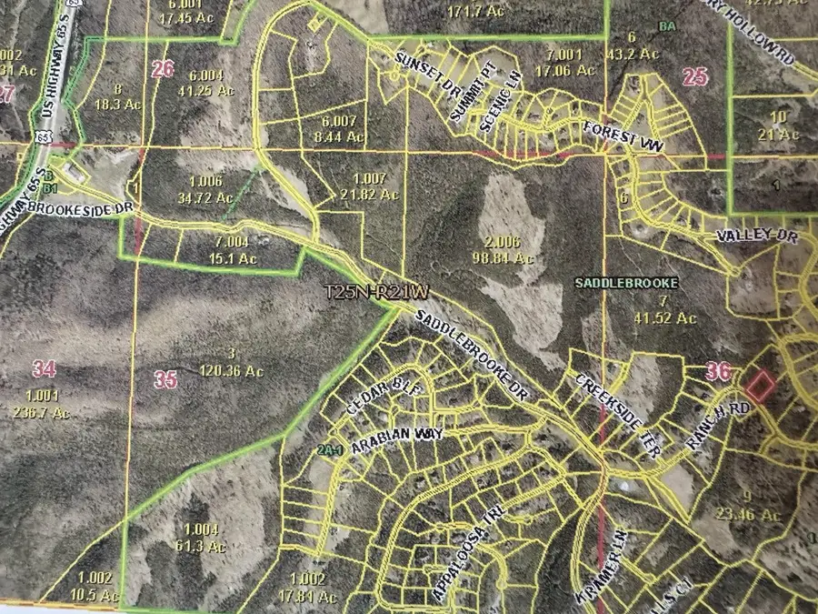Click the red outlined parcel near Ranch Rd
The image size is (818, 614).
[759, 386]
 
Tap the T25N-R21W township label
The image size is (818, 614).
[376, 293]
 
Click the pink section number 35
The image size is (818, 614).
[165, 380]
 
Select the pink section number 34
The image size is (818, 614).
[44, 368]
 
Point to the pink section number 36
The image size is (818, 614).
[718, 370]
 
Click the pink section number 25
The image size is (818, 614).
[694, 76]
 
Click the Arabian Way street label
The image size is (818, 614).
[396, 435]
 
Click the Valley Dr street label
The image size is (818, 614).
[750, 236]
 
